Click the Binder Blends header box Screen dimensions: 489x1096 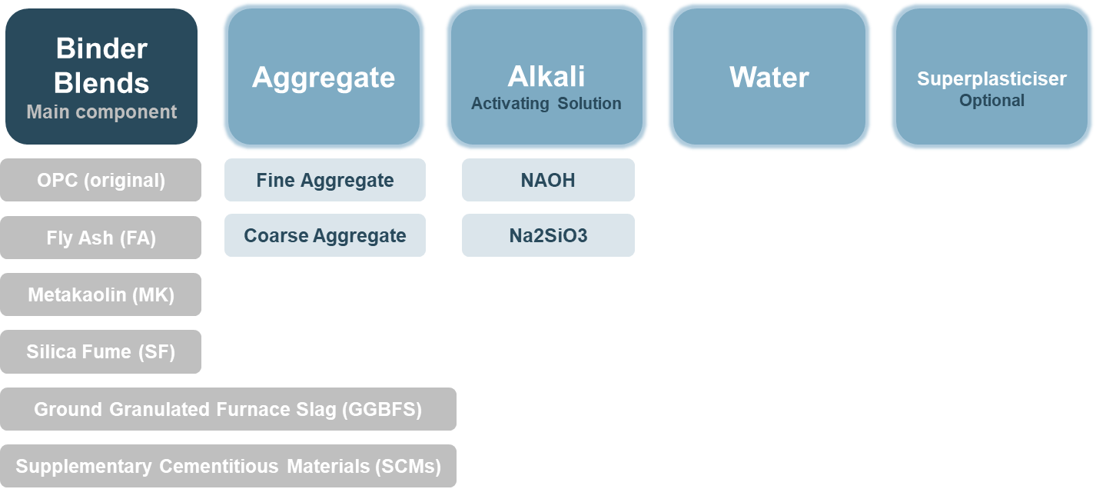(x=101, y=76)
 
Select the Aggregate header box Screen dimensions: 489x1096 (x=324, y=76)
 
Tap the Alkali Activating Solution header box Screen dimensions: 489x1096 (x=546, y=76)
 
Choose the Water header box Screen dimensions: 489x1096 (x=769, y=76)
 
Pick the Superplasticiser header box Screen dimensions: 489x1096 (x=991, y=76)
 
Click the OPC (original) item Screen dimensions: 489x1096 (x=101, y=180)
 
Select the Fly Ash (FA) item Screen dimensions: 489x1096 (x=101, y=238)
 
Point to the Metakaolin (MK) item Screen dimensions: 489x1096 (x=101, y=294)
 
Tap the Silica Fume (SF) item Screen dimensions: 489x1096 (x=101, y=351)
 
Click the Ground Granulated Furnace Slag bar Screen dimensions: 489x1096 (x=228, y=409)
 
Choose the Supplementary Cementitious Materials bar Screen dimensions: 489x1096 (x=228, y=466)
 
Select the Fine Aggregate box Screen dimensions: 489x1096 (x=324, y=180)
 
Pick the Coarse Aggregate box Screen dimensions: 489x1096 (x=324, y=235)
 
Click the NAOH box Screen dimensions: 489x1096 (x=548, y=180)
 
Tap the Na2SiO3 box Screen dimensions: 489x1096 (x=548, y=235)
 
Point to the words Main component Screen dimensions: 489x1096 (x=101, y=112)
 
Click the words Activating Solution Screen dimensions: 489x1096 (x=546, y=104)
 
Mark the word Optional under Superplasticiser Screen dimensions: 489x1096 (x=991, y=101)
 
